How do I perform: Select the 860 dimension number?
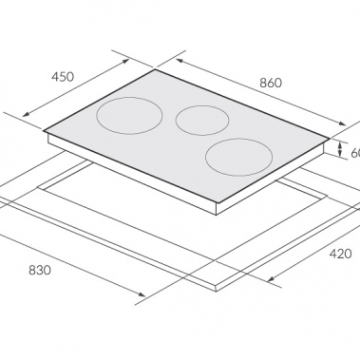tap(270, 83)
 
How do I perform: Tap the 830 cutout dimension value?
tap(39, 271)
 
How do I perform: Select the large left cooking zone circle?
tap(129, 117)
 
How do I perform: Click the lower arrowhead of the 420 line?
tap(275, 280)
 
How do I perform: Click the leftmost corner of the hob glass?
tap(44, 130)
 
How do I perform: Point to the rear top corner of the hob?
tap(155, 70)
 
